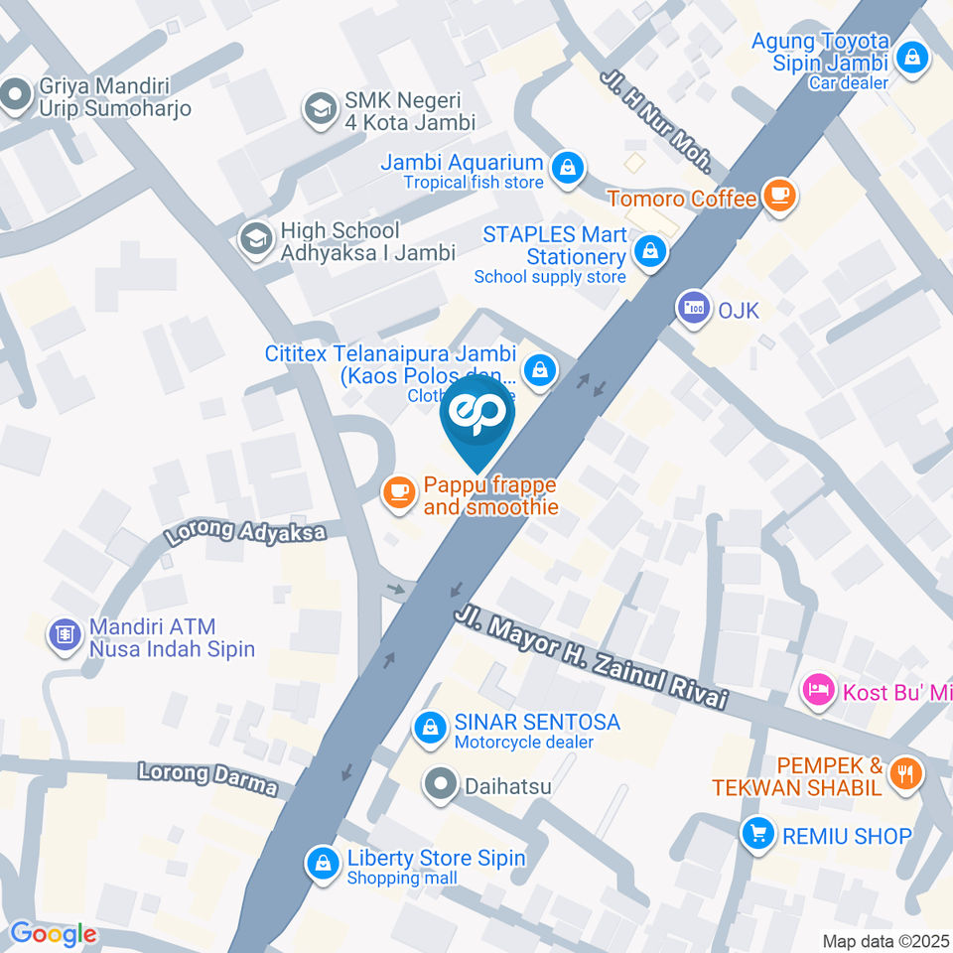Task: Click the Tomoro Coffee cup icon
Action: pos(779,194)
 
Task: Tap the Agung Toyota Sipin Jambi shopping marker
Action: pos(910,57)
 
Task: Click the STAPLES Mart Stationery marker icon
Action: pos(651,251)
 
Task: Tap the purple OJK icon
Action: pos(693,307)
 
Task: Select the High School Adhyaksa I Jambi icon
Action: pos(256,239)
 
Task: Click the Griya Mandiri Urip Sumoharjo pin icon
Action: pos(15,96)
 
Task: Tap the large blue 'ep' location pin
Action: pos(477,417)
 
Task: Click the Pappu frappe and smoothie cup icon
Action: pos(399,492)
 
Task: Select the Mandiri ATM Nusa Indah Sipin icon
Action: pos(65,635)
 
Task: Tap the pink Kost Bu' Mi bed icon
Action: pos(817,689)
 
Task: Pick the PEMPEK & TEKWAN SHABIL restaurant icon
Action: pos(904,773)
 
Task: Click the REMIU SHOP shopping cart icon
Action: pos(758,833)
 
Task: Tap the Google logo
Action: pos(53,933)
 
